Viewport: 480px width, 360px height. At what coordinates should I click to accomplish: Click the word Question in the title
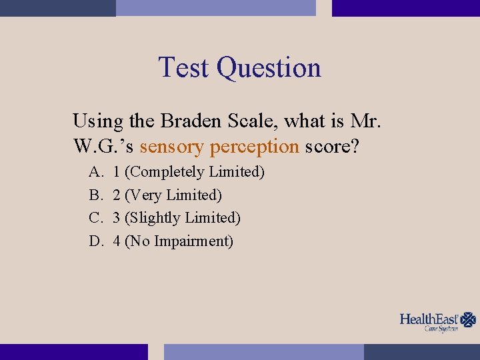tap(269, 69)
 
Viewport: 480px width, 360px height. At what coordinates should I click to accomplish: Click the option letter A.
tap(96, 172)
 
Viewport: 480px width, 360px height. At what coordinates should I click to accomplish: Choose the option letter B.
tap(95, 195)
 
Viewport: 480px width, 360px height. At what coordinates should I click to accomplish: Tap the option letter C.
tap(95, 218)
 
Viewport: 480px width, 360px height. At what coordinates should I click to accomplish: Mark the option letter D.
tap(96, 241)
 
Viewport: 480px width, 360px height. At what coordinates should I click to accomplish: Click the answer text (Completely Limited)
tap(195, 172)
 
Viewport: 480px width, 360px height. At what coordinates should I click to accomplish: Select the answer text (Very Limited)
tap(173, 195)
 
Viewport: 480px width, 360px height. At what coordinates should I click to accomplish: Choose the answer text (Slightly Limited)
tap(183, 218)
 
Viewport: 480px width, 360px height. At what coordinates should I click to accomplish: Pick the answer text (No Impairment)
tap(179, 241)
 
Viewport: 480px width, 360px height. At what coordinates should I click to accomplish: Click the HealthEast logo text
tap(429, 319)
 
